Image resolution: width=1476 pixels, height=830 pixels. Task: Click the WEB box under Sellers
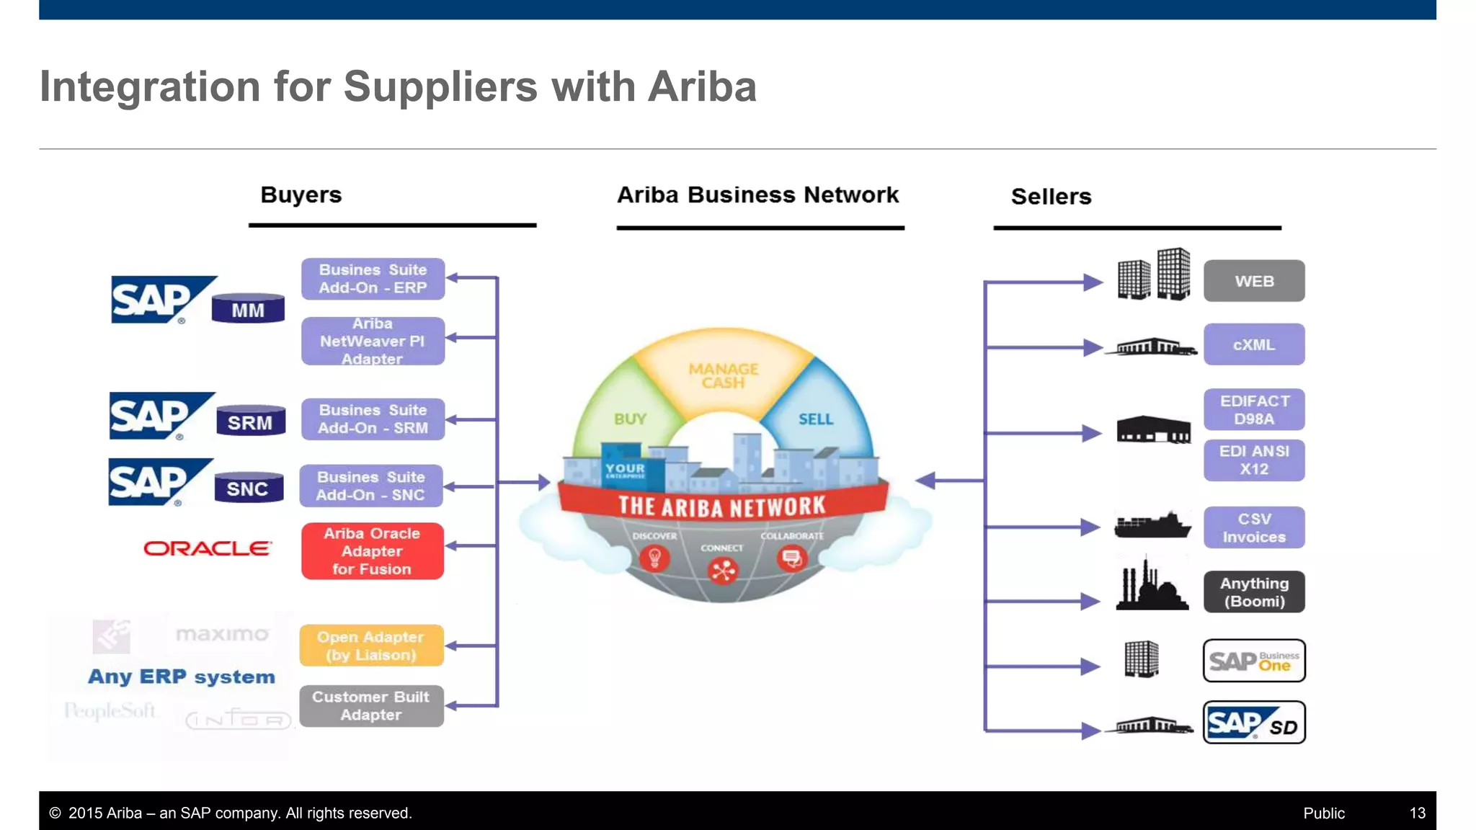coord(1253,281)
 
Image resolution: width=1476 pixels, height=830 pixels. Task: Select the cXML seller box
coord(1253,344)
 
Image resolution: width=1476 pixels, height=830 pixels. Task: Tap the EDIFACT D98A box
coord(1253,409)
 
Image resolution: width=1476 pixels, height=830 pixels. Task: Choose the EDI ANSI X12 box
coord(1253,460)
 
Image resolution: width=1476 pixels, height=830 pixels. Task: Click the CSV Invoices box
coord(1253,527)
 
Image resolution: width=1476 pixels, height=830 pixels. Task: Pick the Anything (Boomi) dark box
coord(1253,592)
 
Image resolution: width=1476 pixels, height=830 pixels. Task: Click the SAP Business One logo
coord(1253,660)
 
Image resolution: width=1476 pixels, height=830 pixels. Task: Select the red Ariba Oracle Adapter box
coord(372,551)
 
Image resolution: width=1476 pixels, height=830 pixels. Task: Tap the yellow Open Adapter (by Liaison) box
coord(371,646)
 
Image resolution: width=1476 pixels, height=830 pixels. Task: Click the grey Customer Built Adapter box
coord(371,705)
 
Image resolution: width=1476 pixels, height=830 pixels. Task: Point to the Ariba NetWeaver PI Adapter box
coord(373,341)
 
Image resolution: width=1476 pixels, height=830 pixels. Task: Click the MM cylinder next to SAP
coord(248,310)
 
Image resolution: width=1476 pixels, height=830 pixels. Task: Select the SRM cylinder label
coord(250,422)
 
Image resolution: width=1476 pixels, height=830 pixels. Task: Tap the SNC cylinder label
coord(248,488)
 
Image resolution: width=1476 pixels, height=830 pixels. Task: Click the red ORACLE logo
coord(208,548)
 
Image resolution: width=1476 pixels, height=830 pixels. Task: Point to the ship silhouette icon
coord(1152,527)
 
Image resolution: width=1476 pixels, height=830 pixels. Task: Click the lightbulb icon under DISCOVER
coord(654,558)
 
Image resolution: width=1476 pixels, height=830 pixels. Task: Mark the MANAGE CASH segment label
coord(723,375)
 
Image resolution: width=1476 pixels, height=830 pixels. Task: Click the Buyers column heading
coord(301,195)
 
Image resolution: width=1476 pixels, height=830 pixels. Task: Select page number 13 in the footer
coord(1417,813)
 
